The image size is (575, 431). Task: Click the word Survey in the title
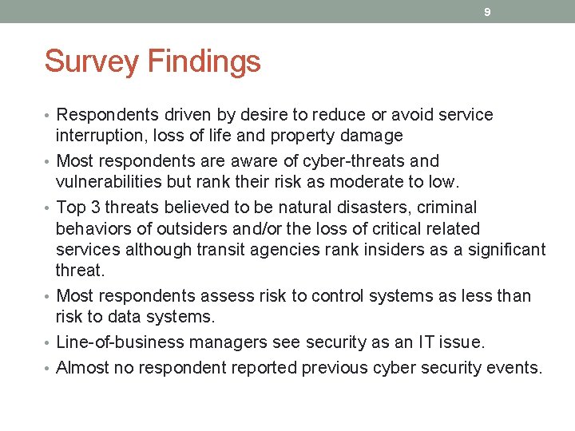(90, 62)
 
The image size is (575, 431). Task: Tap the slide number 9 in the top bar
(488, 12)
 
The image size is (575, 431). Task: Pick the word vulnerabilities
(105, 181)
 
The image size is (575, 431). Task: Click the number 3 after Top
(93, 208)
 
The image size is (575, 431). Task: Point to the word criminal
(448, 208)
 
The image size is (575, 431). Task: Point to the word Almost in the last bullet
(83, 368)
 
